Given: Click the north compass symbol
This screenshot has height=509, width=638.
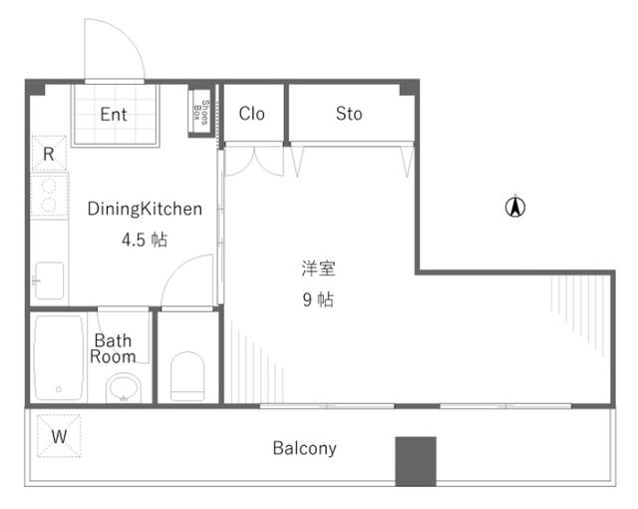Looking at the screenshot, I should coord(515,208).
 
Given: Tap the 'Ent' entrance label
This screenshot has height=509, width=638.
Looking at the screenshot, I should coord(114,114).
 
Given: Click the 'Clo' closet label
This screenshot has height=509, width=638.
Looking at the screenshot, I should coord(252,114).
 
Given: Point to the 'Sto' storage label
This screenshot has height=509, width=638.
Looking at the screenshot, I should coord(349,114).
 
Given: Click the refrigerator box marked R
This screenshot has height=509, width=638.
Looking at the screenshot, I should coord(48,154).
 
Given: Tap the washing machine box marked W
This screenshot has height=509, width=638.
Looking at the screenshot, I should coord(59,436).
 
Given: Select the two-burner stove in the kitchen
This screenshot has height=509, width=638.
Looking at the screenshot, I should coord(48,197).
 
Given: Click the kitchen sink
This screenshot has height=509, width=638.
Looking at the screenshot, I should coord(48,279).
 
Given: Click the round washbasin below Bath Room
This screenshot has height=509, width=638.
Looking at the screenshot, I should coord(124,387).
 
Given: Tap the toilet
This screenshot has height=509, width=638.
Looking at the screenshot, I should coord(186,377).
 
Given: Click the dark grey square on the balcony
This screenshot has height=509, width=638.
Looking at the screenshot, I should coord(415,461).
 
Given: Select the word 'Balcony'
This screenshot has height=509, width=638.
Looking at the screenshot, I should coord(304,448).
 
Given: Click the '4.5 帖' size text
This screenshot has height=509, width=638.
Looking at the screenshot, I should coord(145,240).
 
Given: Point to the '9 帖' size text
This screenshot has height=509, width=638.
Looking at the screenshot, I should coord(318,298).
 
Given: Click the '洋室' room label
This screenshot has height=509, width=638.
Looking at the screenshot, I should coord(318,268).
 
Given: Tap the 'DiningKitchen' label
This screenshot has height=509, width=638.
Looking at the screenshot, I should coord(145,210).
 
